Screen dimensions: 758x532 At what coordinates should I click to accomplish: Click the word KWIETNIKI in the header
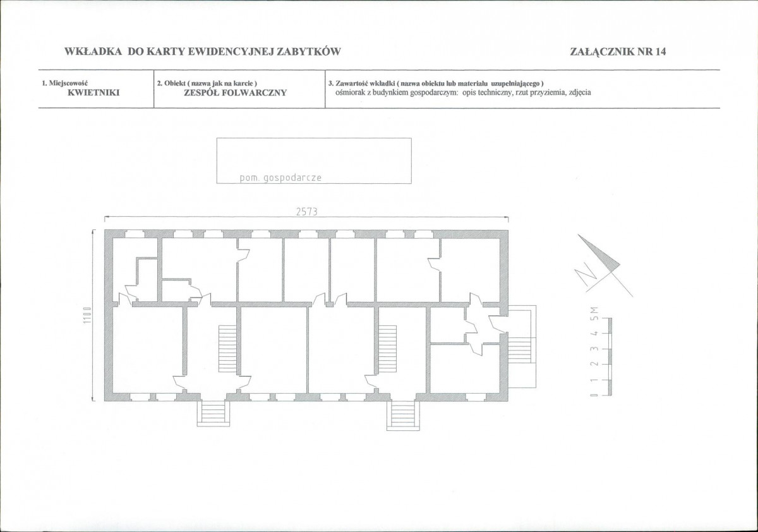93,93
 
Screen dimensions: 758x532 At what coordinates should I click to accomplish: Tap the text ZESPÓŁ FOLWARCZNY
236,93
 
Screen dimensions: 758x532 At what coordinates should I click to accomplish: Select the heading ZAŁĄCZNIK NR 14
618,51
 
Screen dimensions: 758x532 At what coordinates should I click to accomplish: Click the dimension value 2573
307,212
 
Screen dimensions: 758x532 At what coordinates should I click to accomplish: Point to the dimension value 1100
87,315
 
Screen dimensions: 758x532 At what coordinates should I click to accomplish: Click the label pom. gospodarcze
280,178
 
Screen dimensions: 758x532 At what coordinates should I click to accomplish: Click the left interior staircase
227,348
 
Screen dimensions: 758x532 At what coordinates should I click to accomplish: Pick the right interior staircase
387,348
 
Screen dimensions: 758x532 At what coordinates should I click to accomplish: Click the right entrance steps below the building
403,416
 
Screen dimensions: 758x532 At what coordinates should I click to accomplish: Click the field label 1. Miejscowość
65,83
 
